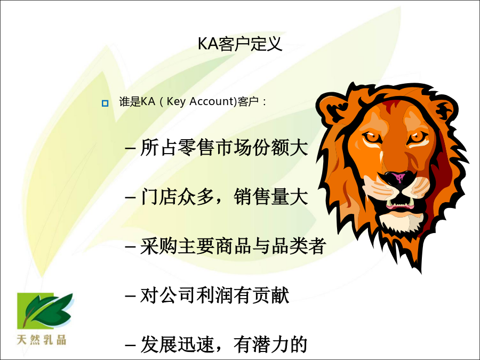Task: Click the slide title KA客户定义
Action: [x=239, y=44]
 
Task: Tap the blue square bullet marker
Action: [x=105, y=103]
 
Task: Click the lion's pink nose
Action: [x=398, y=177]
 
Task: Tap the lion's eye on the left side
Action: [x=372, y=137]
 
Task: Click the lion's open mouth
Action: [x=399, y=202]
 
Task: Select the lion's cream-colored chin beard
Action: [x=401, y=222]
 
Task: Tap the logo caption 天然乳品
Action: [x=42, y=340]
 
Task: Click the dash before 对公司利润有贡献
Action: [x=130, y=296]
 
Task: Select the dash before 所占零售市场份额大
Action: [x=130, y=148]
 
